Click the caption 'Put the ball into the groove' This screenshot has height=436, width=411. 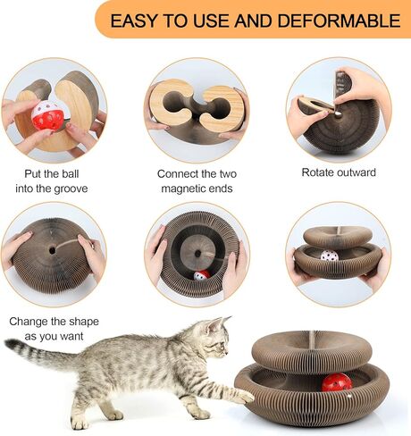53,180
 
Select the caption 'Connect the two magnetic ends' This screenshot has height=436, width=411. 196,180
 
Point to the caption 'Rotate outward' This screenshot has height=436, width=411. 339,172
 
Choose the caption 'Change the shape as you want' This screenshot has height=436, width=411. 53,327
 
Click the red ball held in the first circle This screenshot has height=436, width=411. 48,114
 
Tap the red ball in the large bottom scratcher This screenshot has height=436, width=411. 338,382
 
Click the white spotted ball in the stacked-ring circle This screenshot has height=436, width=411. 330,256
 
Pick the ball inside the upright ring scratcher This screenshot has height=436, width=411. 202,275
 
